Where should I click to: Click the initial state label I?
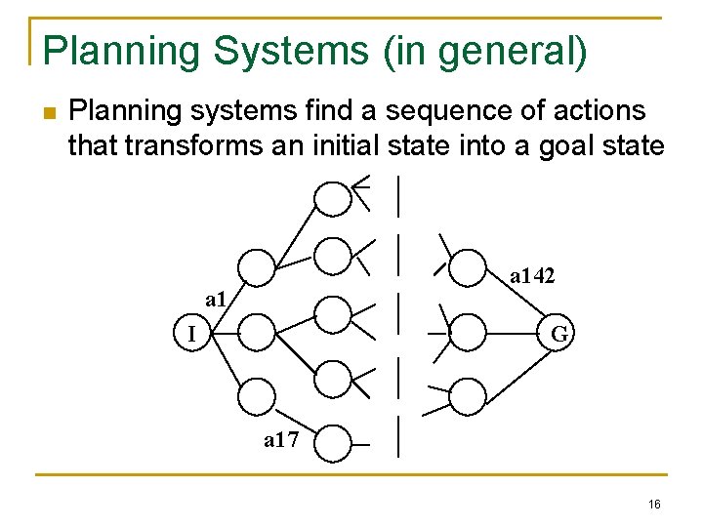pos(191,335)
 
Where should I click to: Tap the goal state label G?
pos(559,334)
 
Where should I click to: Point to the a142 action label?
pos(532,277)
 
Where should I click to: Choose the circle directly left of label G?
pos(468,332)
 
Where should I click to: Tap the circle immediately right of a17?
pos(333,443)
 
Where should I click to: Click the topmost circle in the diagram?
pos(333,198)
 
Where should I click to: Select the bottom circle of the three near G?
pos(468,396)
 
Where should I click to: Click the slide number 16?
pos(653,504)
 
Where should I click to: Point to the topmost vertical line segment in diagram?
pos(399,195)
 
